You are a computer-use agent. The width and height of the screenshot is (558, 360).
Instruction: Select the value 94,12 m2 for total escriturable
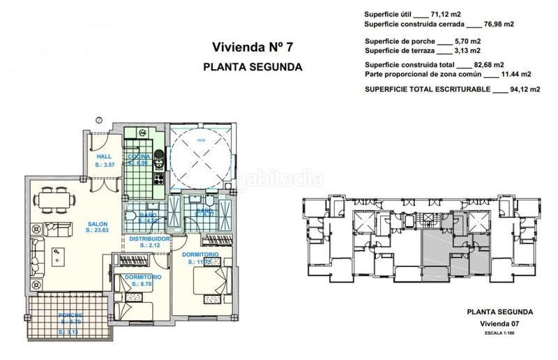[x=517, y=90]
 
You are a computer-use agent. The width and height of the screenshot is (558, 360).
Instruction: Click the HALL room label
[x=104, y=157]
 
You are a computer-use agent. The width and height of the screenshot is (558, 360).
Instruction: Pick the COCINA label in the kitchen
[x=139, y=157]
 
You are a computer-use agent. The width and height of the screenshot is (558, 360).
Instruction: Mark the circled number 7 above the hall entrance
[x=99, y=120]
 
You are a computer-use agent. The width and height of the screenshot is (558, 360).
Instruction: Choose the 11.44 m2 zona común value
[x=516, y=73]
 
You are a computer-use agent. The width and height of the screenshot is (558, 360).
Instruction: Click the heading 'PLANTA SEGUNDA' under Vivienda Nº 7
[x=252, y=68]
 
